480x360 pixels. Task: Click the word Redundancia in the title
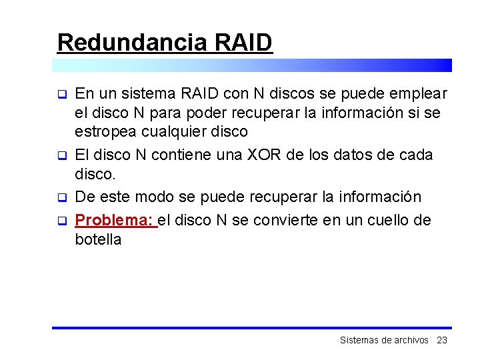[133, 42]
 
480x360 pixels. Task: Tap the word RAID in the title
[244, 42]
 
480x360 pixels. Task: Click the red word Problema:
[114, 220]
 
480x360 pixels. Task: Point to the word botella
[98, 240]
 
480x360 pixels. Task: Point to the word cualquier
[171, 132]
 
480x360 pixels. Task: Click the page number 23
[441, 340]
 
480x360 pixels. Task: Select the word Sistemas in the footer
[359, 340]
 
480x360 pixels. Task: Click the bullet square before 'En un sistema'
[61, 93]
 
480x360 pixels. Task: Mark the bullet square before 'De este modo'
[61, 198]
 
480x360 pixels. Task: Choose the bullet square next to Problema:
[61, 221]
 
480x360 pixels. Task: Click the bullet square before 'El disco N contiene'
[61, 156]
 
